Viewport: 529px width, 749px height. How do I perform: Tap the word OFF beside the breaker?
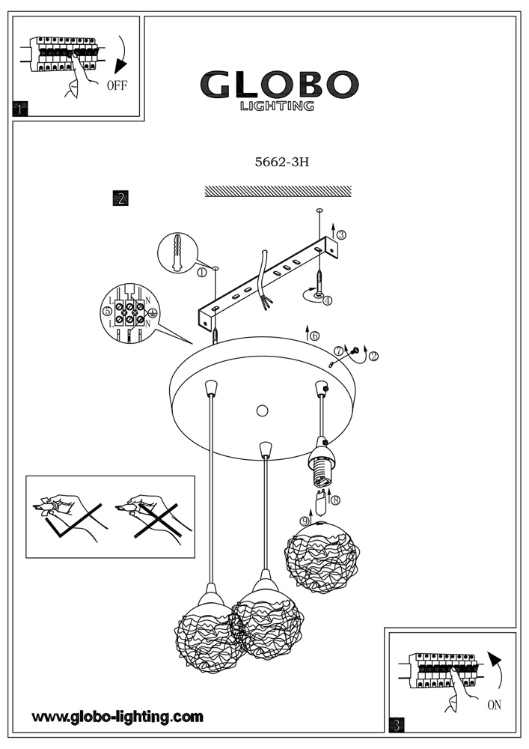pyautogui.click(x=117, y=85)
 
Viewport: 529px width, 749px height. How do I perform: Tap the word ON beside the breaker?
pyautogui.click(x=494, y=705)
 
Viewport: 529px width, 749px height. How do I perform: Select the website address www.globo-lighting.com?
pyautogui.click(x=117, y=717)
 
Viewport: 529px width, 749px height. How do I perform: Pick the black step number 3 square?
pyautogui.click(x=397, y=724)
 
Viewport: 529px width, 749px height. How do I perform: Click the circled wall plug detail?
pyautogui.click(x=177, y=252)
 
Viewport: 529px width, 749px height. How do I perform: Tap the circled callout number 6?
pyautogui.click(x=314, y=336)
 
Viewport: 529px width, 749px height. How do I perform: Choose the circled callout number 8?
pyautogui.click(x=335, y=500)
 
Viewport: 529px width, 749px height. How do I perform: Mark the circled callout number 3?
pyautogui.click(x=341, y=234)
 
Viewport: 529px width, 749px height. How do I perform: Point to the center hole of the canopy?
pyautogui.click(x=261, y=410)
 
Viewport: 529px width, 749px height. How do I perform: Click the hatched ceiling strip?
pyautogui.click(x=278, y=191)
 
